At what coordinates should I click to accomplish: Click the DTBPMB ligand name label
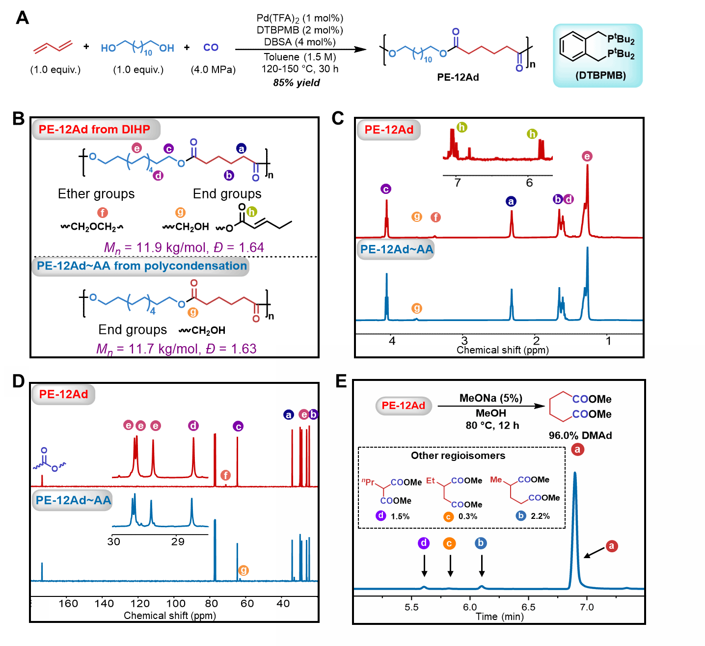(x=600, y=76)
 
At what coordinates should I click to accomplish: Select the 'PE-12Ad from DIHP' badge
(x=96, y=130)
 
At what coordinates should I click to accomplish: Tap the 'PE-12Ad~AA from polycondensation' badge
(x=141, y=266)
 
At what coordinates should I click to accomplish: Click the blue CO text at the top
(x=211, y=48)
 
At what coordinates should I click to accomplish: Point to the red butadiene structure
(x=53, y=47)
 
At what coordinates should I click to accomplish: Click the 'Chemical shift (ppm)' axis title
(x=502, y=350)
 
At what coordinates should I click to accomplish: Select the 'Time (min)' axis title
(x=499, y=617)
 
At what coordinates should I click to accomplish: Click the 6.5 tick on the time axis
(x=528, y=607)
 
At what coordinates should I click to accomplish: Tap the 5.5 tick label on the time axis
(x=411, y=607)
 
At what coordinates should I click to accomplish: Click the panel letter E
(x=341, y=381)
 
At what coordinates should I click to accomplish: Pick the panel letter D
(x=18, y=381)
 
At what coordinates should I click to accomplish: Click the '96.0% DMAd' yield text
(x=580, y=435)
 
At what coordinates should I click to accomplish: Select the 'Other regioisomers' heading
(x=458, y=456)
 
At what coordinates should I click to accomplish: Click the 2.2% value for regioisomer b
(x=540, y=516)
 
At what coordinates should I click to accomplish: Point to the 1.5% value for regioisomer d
(x=400, y=516)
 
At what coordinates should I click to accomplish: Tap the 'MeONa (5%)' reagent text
(x=490, y=398)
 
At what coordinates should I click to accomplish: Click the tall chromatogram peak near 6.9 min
(x=575, y=491)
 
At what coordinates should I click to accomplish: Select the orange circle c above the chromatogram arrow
(x=449, y=543)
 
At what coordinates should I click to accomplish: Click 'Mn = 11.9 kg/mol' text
(x=152, y=247)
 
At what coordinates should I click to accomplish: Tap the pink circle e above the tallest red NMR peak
(x=587, y=157)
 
